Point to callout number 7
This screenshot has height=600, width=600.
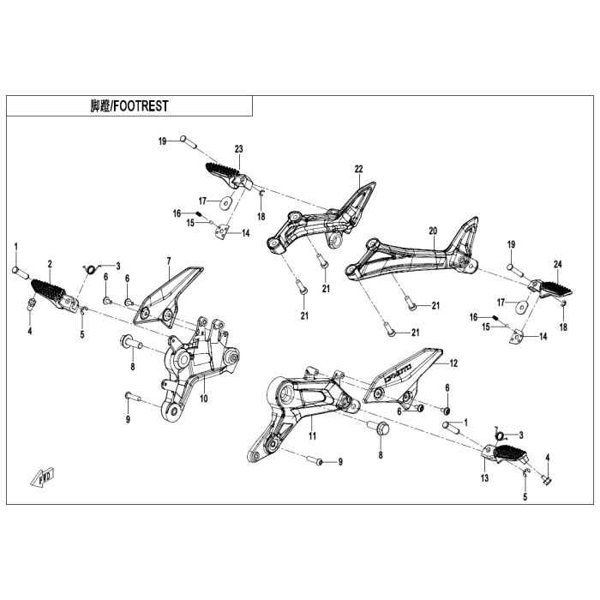tap(169, 260)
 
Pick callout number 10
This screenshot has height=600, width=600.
tap(204, 399)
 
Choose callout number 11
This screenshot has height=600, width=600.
tap(313, 436)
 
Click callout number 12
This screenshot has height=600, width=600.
tap(453, 363)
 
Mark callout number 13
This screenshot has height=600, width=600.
tap(484, 478)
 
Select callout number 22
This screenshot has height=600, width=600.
tap(358, 168)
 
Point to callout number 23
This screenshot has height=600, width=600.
tap(238, 148)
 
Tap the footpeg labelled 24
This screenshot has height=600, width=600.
tap(546, 289)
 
